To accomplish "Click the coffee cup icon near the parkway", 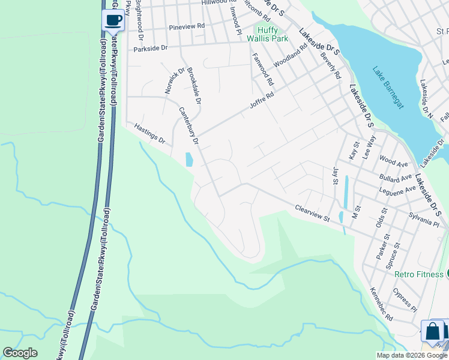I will (113, 20).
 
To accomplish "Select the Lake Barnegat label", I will (387, 87).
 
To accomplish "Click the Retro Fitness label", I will (418, 274).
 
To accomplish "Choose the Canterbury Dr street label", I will (188, 126).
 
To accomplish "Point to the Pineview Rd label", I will (187, 27).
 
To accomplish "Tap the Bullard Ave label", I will (396, 178).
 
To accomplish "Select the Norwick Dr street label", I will (176, 81).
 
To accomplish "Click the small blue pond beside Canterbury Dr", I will (189, 159).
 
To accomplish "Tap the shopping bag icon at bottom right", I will (433, 331).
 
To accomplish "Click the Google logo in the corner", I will (20, 353).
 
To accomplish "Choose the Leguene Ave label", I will (397, 190).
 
